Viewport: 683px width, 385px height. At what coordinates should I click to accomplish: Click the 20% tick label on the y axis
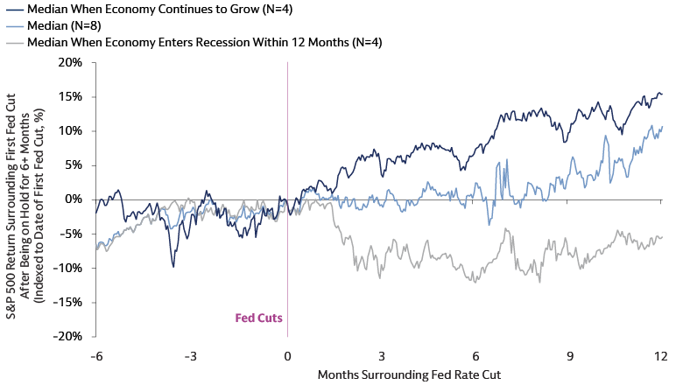point(71,63)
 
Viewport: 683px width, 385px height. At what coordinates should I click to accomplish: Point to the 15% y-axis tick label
point(71,97)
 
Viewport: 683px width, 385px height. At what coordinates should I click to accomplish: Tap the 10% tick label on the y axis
point(71,131)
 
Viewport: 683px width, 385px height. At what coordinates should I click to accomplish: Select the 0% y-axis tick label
point(74,199)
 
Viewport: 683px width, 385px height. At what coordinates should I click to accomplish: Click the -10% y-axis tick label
point(68,268)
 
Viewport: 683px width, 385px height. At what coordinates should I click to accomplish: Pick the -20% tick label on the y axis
point(68,336)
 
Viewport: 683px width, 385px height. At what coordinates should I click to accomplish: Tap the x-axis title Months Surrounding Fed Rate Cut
point(377,374)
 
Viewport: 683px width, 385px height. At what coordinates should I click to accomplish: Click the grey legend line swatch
point(11,41)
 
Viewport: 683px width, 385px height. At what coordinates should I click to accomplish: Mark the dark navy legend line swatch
point(11,9)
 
